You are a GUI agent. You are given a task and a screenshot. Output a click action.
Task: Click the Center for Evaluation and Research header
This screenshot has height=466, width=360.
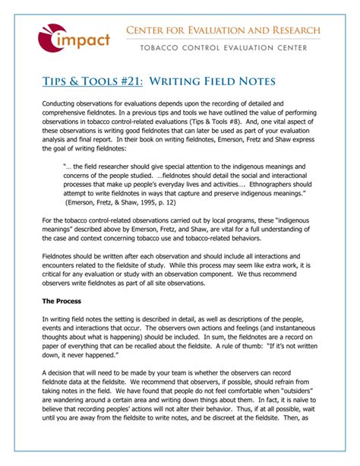223,30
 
